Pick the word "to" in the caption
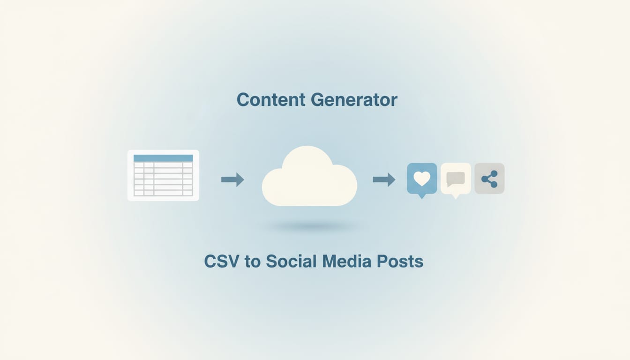(252, 262)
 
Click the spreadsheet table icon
(163, 175)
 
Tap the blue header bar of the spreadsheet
(163, 158)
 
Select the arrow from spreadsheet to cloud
(232, 179)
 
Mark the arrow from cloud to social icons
(384, 179)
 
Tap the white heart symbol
(422, 178)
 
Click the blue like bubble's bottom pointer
(422, 195)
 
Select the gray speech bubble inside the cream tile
(456, 179)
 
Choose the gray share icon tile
(489, 179)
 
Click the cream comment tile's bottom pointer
(455, 196)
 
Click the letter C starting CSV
(210, 261)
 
